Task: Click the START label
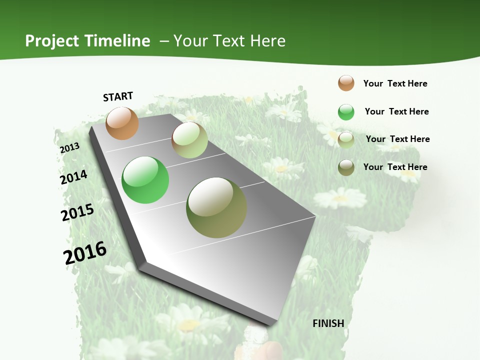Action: [x=118, y=96]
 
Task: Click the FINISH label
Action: [x=328, y=323]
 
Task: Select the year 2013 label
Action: [x=69, y=148]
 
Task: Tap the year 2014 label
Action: [x=73, y=177]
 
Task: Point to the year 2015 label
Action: [x=77, y=212]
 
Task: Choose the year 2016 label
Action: [x=85, y=252]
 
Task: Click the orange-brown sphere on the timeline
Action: [x=122, y=123]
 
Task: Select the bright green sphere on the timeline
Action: [x=145, y=180]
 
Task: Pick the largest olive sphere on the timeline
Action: [x=216, y=207]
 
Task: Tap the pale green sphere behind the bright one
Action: [x=189, y=140]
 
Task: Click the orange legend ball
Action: [x=346, y=83]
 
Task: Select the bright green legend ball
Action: [x=346, y=112]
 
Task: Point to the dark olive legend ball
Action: [x=346, y=167]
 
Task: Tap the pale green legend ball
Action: [x=346, y=140]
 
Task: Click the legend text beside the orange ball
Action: [x=395, y=83]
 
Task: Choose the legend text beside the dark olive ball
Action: [x=395, y=167]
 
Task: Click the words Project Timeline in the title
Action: [x=87, y=41]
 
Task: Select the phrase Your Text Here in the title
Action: [x=229, y=41]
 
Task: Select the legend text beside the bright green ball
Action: [x=396, y=111]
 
